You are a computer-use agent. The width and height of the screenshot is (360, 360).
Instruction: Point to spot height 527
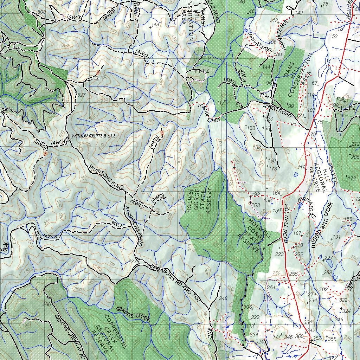[x=81, y=95]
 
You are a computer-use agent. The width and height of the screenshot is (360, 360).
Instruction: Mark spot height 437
[x=132, y=262]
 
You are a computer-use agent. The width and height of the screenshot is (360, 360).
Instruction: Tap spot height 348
[x=223, y=298]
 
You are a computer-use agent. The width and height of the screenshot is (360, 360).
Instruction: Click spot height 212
[x=355, y=144]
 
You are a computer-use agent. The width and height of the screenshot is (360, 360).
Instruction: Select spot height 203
[x=256, y=205]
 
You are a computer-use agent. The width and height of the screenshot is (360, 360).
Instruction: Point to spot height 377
[x=277, y=336]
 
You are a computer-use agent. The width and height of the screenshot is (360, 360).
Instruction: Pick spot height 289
[x=327, y=272]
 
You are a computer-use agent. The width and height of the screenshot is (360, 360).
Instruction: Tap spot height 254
[x=271, y=288]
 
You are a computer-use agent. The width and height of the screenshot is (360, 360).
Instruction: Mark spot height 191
[x=336, y=237]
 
